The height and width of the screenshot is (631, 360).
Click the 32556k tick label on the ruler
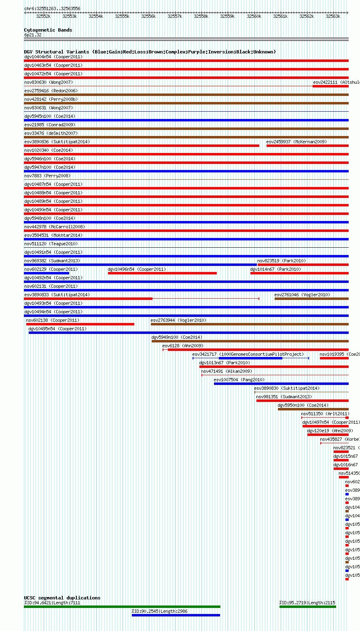148,16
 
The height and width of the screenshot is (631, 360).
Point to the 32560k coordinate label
254,16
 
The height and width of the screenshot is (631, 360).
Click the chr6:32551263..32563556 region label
52,8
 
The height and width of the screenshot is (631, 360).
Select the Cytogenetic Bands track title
48,30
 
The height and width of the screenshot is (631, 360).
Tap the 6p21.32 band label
33,35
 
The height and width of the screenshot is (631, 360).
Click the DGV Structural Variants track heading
150,52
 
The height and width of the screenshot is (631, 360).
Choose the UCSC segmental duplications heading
62,598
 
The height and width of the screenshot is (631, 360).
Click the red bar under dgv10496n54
162,273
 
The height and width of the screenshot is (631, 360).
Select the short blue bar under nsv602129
47,273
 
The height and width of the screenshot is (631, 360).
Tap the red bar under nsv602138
80,324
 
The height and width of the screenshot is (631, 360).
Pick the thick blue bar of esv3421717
250,358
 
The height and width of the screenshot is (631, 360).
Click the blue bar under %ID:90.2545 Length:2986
176,615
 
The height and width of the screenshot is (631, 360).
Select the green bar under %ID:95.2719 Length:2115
307,607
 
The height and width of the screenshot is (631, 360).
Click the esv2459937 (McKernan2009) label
296,142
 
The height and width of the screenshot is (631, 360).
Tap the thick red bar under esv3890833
88,299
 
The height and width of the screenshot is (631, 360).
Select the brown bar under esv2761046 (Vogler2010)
311,299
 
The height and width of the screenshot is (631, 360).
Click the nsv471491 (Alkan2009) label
227,371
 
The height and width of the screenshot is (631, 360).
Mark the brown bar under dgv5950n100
313,409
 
